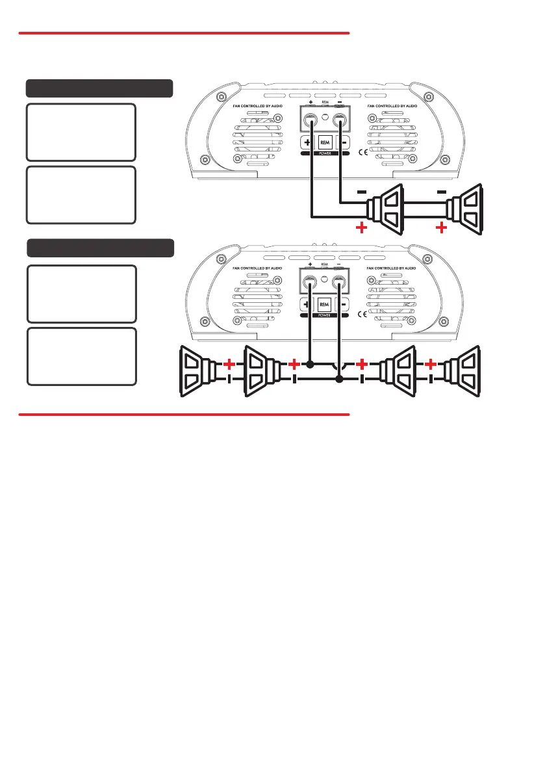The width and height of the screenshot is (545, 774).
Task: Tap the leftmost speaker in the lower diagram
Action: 199,372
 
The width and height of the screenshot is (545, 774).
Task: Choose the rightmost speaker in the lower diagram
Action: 462,372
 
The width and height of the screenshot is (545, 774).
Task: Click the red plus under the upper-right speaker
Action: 442,228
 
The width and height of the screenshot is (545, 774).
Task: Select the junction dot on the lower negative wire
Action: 338,380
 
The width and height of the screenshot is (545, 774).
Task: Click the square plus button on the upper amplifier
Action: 306,142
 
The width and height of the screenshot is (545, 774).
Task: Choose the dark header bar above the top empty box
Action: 99,88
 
